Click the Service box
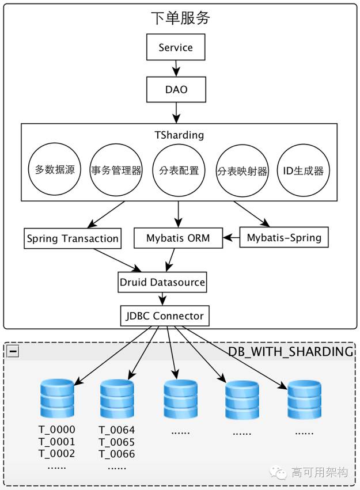pyautogui.click(x=176, y=48)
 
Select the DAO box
pyautogui.click(x=176, y=90)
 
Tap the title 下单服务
pyautogui.click(x=180, y=18)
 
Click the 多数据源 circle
pyautogui.click(x=55, y=170)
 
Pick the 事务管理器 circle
pyautogui.click(x=116, y=170)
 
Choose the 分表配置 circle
pyautogui.click(x=179, y=170)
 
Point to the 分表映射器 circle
pyautogui.click(x=242, y=170)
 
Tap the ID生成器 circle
pyautogui.click(x=304, y=170)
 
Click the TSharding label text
pyautogui.click(x=179, y=135)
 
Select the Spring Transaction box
pyautogui.click(x=73, y=238)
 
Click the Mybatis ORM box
pyautogui.click(x=178, y=238)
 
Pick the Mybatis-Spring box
pyautogui.click(x=284, y=237)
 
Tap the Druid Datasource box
pyautogui.click(x=162, y=282)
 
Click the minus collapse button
pyautogui.click(x=13, y=351)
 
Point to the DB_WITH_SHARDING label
pyautogui.click(x=290, y=351)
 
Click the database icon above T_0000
pyautogui.click(x=57, y=399)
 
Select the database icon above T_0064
pyautogui.click(x=116, y=399)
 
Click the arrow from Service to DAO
pyautogui.click(x=175, y=68)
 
